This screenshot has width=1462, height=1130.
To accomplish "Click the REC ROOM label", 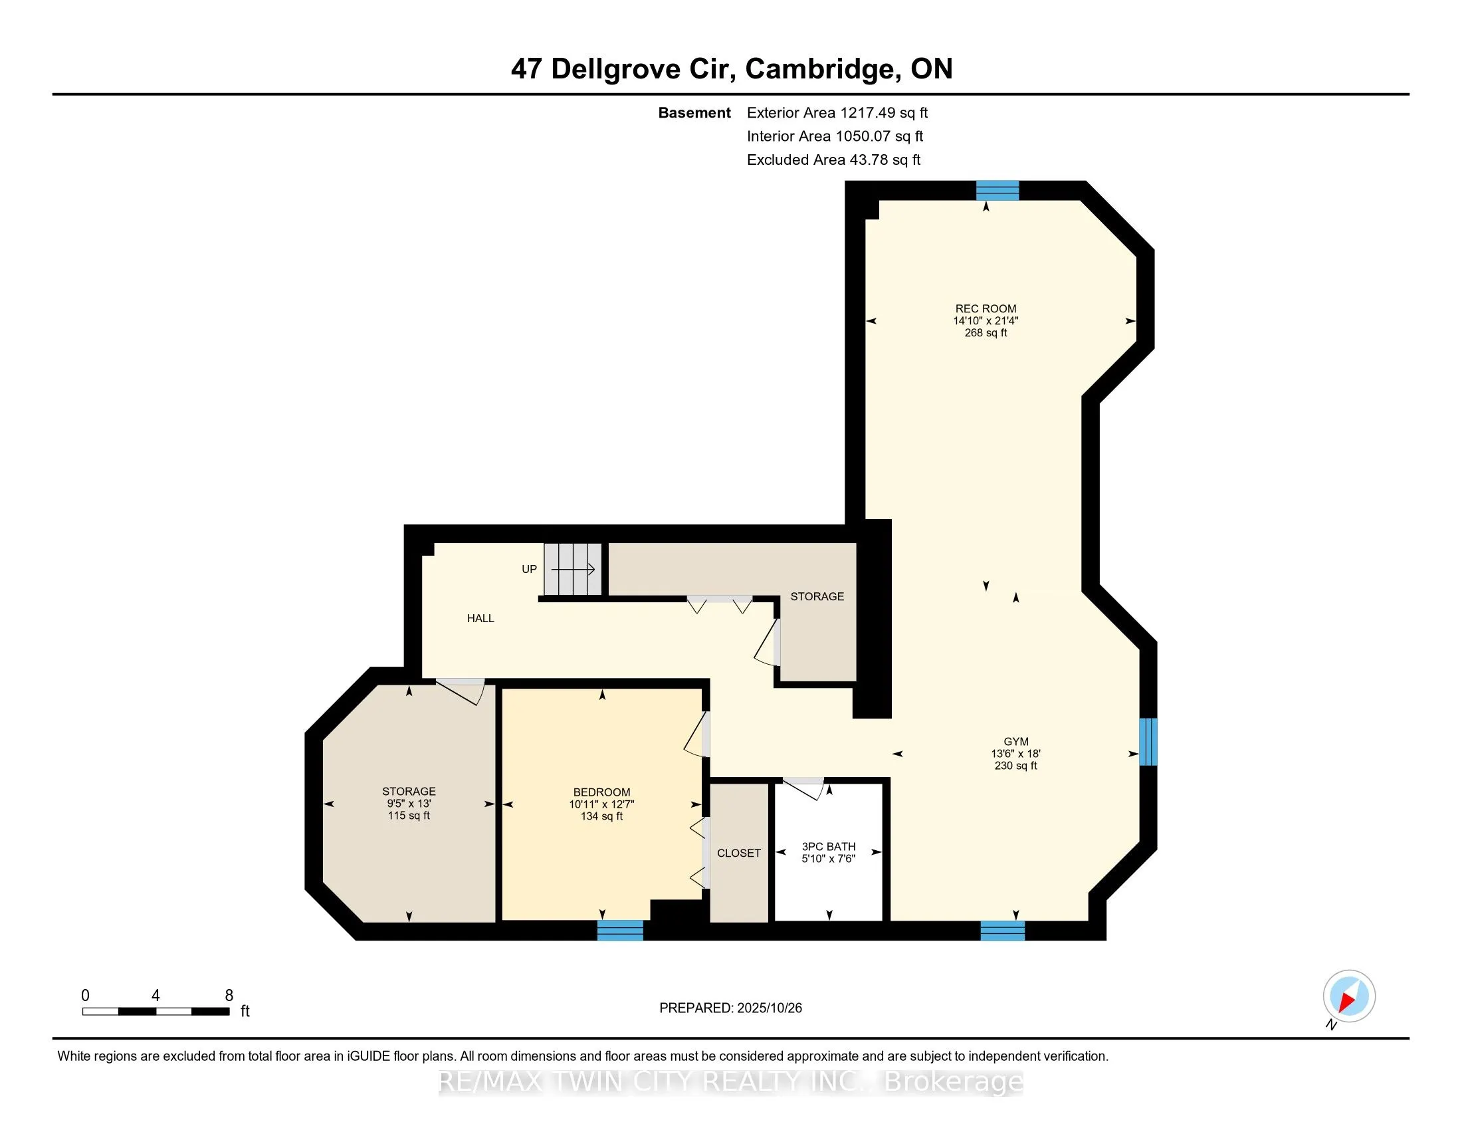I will tap(986, 308).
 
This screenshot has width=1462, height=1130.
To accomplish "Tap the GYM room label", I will tap(1015, 741).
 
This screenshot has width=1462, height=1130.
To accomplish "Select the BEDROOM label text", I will tap(601, 792).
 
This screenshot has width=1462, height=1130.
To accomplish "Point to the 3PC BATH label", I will tap(829, 846).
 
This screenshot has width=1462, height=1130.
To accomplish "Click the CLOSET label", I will tap(738, 853).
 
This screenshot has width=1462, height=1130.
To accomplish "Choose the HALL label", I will tap(480, 619).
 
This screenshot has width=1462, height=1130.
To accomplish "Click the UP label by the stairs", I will tap(529, 569).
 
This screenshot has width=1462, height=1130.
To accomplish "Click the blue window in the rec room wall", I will tap(997, 191).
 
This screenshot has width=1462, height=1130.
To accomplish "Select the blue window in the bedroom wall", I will tap(620, 930).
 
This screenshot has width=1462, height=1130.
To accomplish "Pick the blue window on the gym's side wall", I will tap(1148, 741).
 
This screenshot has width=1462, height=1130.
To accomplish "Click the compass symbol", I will tap(1348, 996).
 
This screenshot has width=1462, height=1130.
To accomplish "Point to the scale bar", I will tap(156, 1011).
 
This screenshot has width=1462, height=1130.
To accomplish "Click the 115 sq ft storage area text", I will tap(408, 816).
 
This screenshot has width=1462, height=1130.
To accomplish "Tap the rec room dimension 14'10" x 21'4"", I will tap(986, 320).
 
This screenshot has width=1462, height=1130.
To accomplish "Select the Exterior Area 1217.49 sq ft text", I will tap(837, 112).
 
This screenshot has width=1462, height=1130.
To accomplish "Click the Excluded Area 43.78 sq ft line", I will tap(833, 160).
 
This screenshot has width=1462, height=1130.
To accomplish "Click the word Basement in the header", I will tap(694, 112).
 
